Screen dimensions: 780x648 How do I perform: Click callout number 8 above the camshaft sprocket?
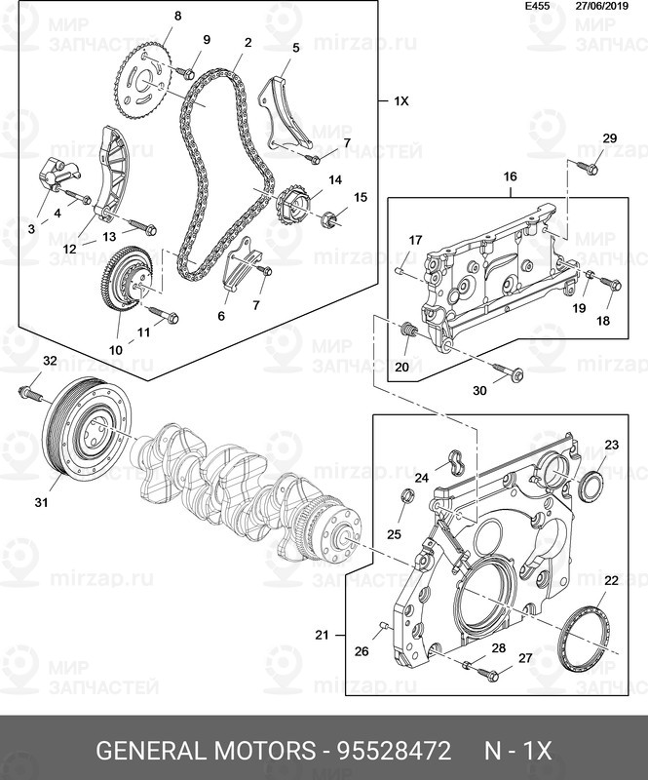click(x=177, y=17)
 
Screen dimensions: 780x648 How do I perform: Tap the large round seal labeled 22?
click(x=582, y=640)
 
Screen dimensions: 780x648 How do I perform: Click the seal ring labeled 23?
click(x=591, y=486)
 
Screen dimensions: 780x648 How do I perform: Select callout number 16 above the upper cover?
click(x=510, y=177)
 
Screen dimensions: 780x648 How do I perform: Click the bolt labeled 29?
click(x=590, y=167)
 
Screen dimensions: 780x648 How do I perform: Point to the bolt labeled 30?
click(x=510, y=372)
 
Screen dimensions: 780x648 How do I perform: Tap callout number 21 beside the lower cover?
click(x=322, y=635)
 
